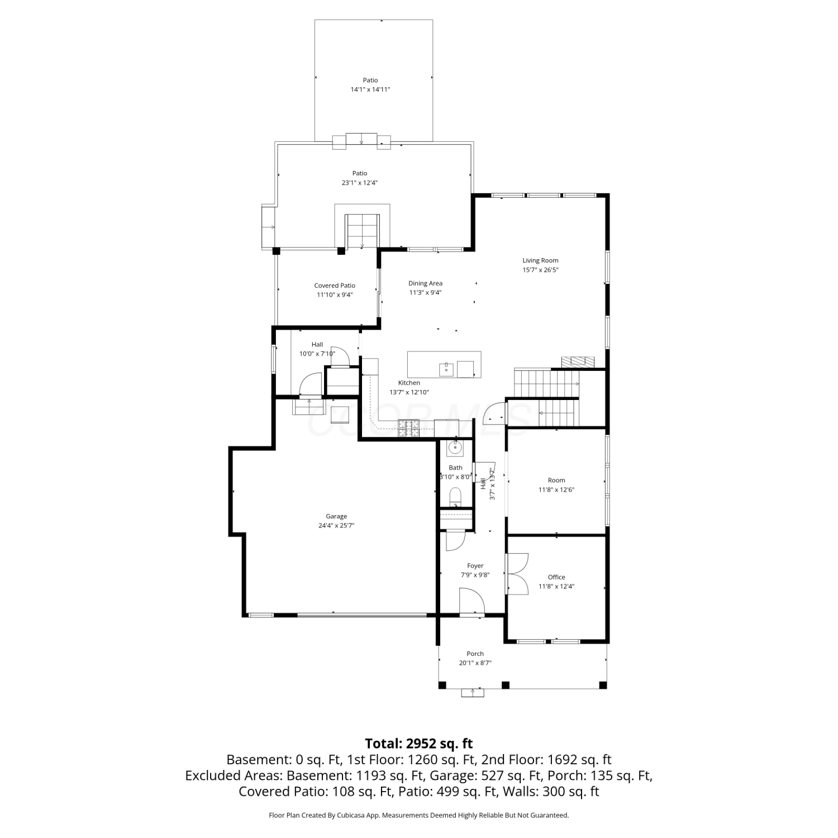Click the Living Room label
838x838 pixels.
tap(540, 260)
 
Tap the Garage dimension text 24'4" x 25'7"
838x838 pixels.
tap(336, 526)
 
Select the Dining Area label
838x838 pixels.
tap(425, 284)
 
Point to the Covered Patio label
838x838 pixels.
tap(335, 286)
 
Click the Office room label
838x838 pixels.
tap(556, 578)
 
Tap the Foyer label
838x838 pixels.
tap(475, 566)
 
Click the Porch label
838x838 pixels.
tap(475, 654)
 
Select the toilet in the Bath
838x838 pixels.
tap(455, 496)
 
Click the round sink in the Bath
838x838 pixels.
tap(456, 447)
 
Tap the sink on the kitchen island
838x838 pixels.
tap(446, 369)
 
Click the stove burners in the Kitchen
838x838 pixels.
tap(408, 427)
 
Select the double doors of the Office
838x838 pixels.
tap(517, 574)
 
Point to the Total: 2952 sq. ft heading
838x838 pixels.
tap(419, 744)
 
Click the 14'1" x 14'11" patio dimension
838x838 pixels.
tap(370, 89)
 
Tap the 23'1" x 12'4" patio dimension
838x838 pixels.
tap(360, 183)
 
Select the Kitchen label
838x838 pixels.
tap(409, 383)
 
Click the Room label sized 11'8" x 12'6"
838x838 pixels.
tap(556, 480)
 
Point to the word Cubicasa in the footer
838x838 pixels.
tap(350, 816)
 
